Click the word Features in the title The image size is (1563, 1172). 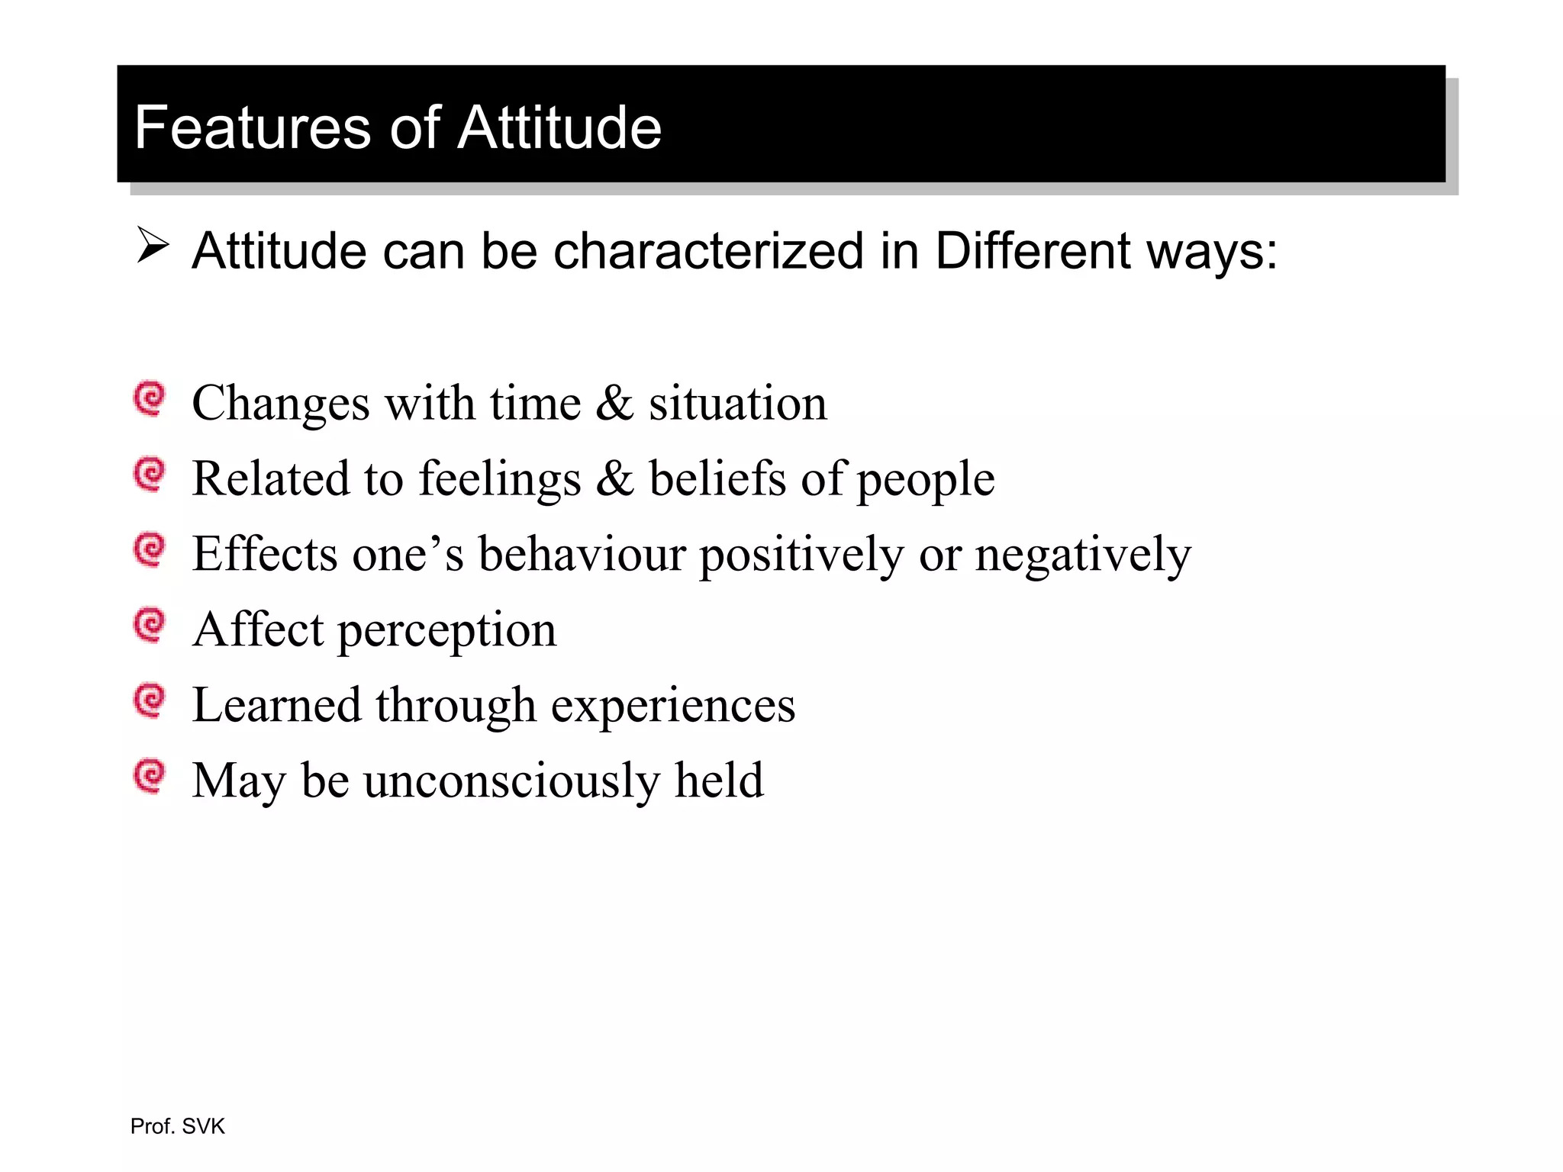pyautogui.click(x=253, y=127)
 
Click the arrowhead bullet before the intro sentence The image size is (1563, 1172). pyautogui.click(x=152, y=246)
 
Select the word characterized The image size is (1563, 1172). pyautogui.click(x=707, y=251)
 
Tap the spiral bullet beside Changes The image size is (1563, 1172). pyautogui.click(x=150, y=398)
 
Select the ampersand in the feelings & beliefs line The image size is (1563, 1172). pyautogui.click(x=614, y=478)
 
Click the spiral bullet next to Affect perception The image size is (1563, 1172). pyautogui.click(x=150, y=625)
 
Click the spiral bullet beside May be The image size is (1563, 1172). pyautogui.click(x=150, y=775)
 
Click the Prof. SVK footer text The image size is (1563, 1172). pyautogui.click(x=177, y=1126)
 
